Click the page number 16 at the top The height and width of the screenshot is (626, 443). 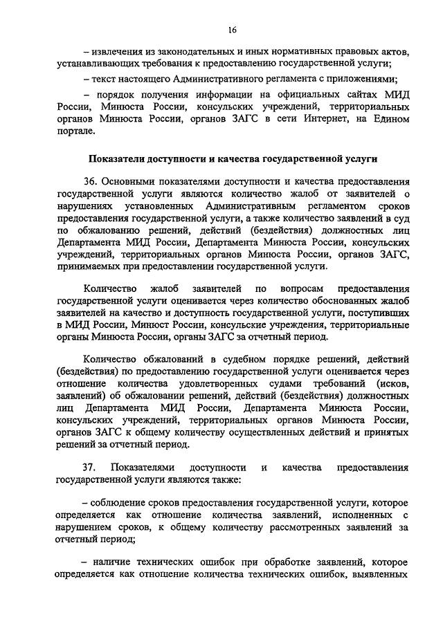point(232,29)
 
